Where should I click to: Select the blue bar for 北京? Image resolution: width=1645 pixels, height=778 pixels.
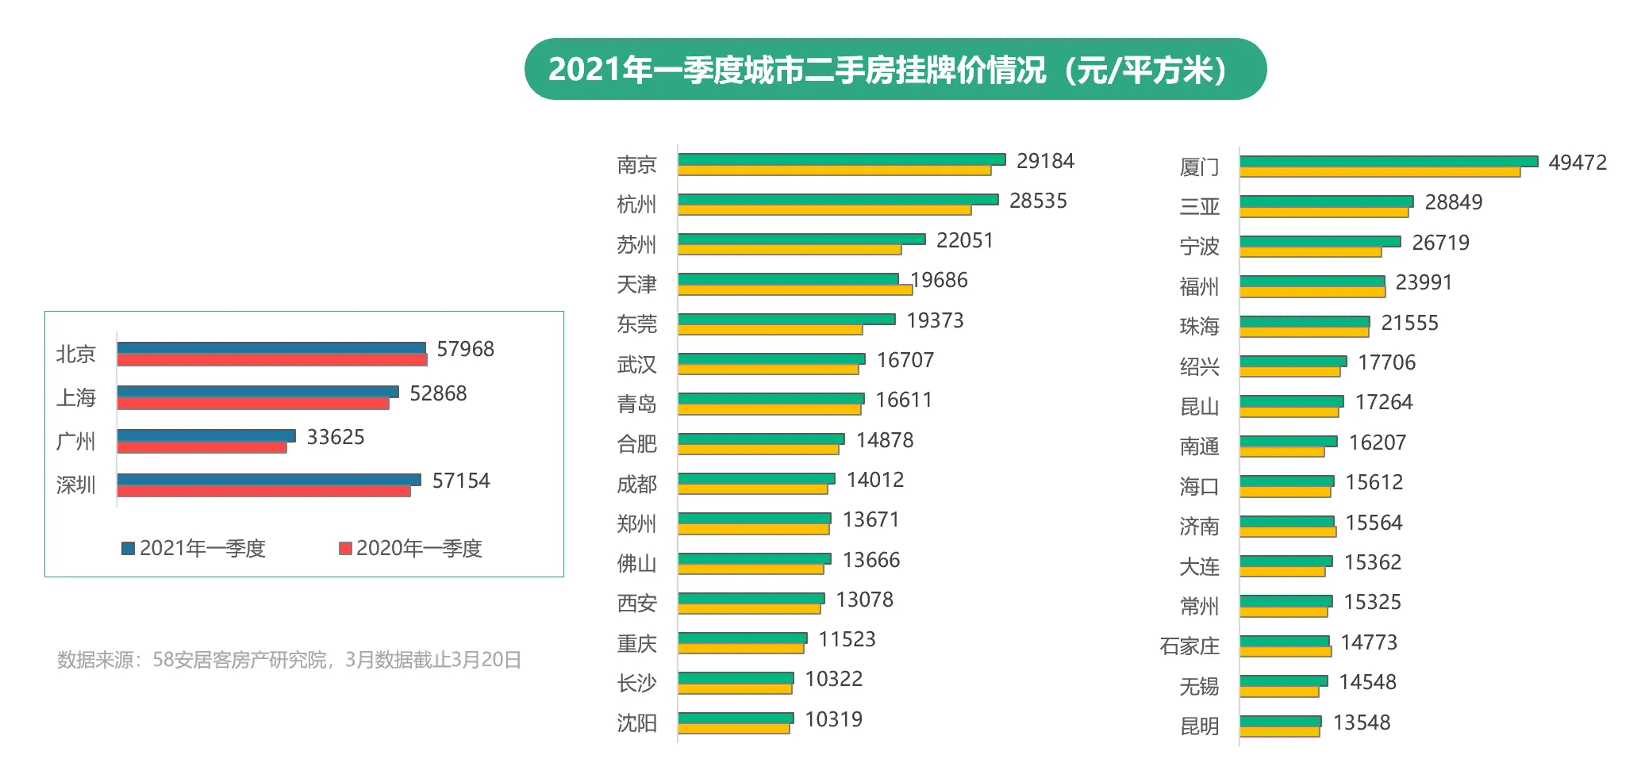(x=271, y=347)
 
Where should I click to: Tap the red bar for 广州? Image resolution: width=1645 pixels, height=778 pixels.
(x=202, y=448)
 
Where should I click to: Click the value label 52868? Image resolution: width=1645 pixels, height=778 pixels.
(x=438, y=393)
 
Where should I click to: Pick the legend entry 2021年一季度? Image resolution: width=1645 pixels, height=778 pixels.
(x=194, y=548)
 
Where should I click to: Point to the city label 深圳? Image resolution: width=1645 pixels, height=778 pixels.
(x=75, y=485)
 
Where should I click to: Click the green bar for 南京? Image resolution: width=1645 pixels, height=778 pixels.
(x=841, y=159)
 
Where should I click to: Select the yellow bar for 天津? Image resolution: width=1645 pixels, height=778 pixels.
(x=795, y=290)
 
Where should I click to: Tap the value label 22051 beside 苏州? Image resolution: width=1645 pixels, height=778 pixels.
(x=964, y=240)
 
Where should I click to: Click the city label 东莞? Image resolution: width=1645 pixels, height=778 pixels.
(x=636, y=324)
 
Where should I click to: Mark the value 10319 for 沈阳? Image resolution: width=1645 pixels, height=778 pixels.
(x=833, y=719)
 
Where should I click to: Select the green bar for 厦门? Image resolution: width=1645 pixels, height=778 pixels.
(x=1388, y=161)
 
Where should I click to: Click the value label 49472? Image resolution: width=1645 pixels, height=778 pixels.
(x=1577, y=163)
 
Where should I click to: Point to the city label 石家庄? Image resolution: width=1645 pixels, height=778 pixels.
(x=1189, y=646)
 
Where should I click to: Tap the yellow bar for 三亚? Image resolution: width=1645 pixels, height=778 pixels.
(x=1324, y=213)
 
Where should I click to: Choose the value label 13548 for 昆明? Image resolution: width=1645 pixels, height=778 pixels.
(x=1361, y=722)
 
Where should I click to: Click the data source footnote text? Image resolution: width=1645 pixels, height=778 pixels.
(x=289, y=660)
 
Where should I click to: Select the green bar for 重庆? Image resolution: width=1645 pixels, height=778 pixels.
(x=742, y=638)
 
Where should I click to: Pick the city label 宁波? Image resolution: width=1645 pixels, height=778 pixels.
(x=1198, y=247)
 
